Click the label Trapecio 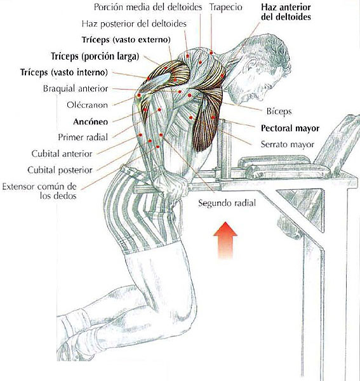pyautogui.click(x=225, y=7)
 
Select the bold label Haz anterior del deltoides pyautogui.click(x=286, y=12)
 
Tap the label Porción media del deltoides pyautogui.click(x=148, y=7)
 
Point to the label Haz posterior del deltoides pyautogui.click(x=134, y=23)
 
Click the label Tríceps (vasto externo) pyautogui.click(x=126, y=39)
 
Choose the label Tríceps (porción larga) pyautogui.click(x=95, y=56)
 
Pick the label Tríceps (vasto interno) pyautogui.click(x=64, y=72)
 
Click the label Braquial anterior pyautogui.click(x=76, y=88)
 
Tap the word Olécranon pyautogui.click(x=87, y=105)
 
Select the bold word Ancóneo pyautogui.click(x=90, y=121)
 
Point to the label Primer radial pyautogui.click(x=83, y=137)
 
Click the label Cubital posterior pyautogui.click(x=60, y=170)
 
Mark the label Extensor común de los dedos pyautogui.click(x=39, y=191)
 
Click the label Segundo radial pyautogui.click(x=227, y=203)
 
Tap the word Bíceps pyautogui.click(x=279, y=111)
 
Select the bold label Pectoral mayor pyautogui.click(x=290, y=128)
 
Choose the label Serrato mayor pyautogui.click(x=288, y=145)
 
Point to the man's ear pyautogui.click(x=250, y=69)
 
